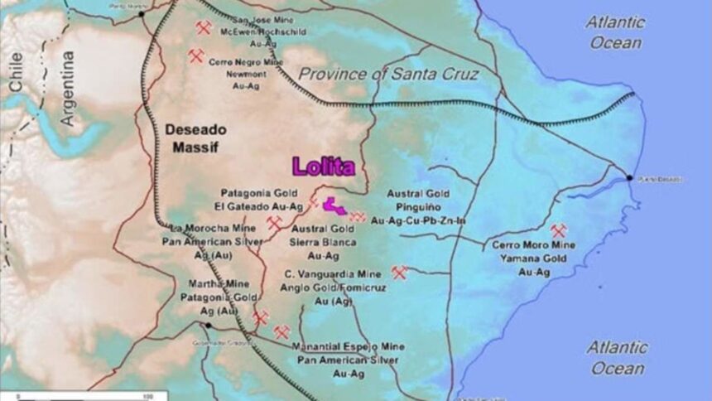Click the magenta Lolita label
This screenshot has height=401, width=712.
323,166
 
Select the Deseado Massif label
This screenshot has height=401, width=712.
195,138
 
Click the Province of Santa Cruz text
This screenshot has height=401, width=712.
388,75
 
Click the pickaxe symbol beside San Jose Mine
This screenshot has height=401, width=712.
204,27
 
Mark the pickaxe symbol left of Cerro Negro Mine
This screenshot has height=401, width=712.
196,56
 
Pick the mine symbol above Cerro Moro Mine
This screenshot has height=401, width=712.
558,230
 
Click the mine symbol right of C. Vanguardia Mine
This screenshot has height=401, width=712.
400,272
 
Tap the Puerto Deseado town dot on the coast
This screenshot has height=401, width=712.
630,177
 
